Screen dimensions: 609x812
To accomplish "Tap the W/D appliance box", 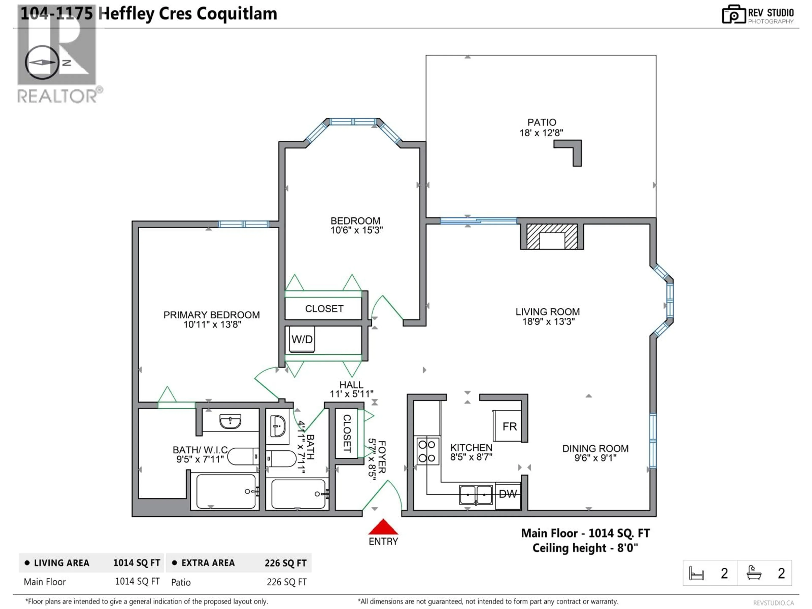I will click(x=302, y=339).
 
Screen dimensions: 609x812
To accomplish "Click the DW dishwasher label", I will click(x=508, y=494).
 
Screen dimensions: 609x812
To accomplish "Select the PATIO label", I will click(x=542, y=122).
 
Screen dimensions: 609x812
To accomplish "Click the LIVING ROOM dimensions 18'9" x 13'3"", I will click(x=548, y=322).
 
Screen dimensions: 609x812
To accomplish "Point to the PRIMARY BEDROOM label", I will click(x=211, y=315).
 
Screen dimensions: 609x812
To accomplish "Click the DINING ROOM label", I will click(x=595, y=449).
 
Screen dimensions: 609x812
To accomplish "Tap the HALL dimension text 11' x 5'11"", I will click(x=351, y=394).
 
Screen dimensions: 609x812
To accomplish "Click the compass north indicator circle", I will click(x=42, y=62).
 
